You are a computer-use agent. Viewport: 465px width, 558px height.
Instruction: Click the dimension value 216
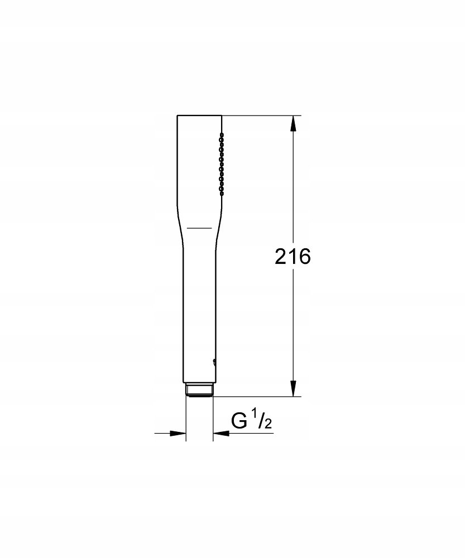pos(293,256)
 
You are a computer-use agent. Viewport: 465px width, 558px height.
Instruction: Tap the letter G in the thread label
pos(239,421)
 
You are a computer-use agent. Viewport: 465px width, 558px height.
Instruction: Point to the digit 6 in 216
pos(305,256)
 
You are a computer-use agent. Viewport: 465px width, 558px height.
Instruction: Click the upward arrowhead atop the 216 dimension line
pos(293,124)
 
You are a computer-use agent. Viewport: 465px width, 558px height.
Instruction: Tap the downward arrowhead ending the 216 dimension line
pos(293,388)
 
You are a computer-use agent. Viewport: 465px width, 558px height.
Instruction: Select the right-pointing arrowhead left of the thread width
pos(178,433)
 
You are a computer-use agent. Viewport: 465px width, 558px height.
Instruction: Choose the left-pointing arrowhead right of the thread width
pos(220,433)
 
